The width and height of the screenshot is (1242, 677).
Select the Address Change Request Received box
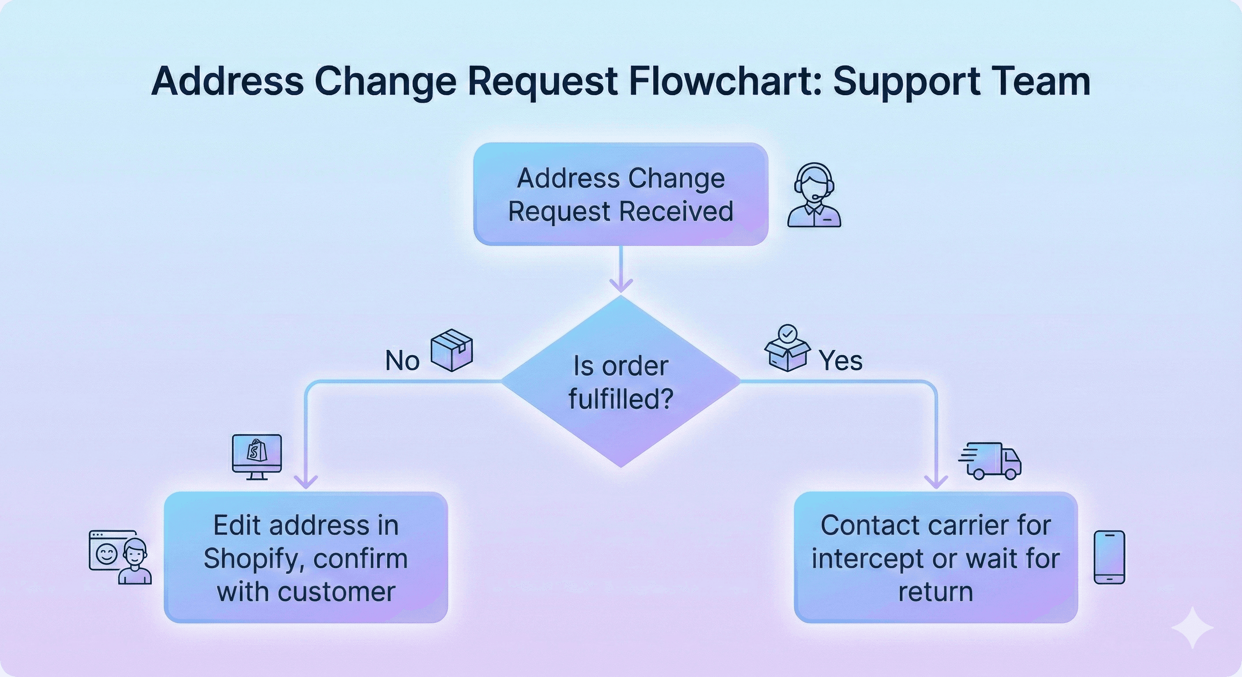click(x=621, y=194)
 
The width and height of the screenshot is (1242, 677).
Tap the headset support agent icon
click(x=814, y=195)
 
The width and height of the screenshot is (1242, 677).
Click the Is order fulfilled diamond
click(x=621, y=382)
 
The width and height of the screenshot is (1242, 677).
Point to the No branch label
click(x=402, y=361)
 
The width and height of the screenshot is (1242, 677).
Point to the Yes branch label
click(x=840, y=361)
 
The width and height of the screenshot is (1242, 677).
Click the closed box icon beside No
click(x=451, y=350)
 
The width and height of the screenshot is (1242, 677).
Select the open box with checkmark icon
click(x=787, y=349)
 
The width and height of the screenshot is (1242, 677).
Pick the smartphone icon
click(x=1109, y=557)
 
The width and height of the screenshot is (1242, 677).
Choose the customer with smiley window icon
click(x=120, y=557)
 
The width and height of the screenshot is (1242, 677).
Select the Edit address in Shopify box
click(x=306, y=558)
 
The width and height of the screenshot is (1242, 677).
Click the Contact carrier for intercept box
click(x=935, y=558)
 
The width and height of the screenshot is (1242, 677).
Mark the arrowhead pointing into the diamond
click(x=621, y=286)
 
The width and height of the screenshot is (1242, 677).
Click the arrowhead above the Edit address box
click(x=306, y=481)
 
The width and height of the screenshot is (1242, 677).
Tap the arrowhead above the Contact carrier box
click(x=936, y=481)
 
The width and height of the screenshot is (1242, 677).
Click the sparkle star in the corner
click(x=1192, y=628)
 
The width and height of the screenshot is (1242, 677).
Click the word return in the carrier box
click(x=935, y=591)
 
